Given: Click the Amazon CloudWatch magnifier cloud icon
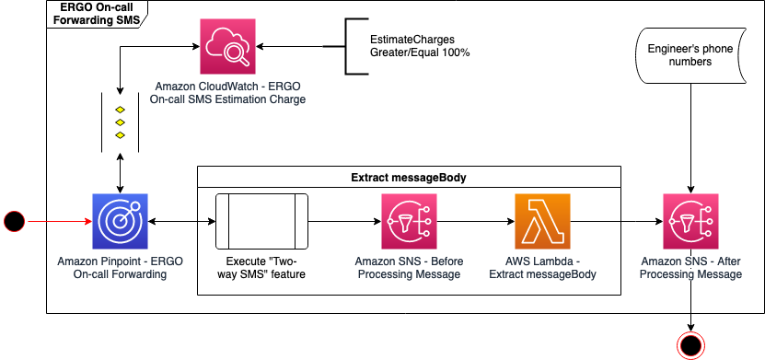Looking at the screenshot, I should point(228,47).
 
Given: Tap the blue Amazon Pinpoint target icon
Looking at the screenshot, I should point(120,222).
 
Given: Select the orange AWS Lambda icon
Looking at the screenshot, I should point(542,222).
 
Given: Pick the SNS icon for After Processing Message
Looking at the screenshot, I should point(690,222).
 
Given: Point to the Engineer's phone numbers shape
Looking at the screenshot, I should point(678,55).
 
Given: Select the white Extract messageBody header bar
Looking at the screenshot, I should point(409,177).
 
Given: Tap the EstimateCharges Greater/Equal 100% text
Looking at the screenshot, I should point(420,47).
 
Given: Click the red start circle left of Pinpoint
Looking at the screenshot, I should point(14,221).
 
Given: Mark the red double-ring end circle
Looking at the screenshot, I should point(690,344).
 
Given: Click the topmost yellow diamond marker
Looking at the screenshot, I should point(120,110).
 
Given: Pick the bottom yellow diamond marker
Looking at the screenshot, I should point(120,135).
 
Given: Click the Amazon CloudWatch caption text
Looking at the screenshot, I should point(228,92).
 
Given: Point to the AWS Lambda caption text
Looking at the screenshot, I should point(542,268).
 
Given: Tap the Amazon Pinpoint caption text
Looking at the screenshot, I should point(120,268).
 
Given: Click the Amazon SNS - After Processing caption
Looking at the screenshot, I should point(690,268).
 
